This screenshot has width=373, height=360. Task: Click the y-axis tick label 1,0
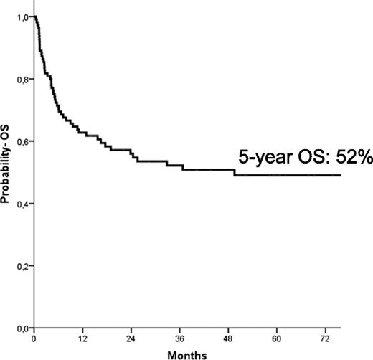[23, 16]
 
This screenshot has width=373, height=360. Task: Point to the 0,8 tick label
[23, 79]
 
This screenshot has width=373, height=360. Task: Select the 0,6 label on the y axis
[23, 141]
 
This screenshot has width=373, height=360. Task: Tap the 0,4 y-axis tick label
[23, 204]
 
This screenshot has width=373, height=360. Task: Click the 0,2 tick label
[23, 266]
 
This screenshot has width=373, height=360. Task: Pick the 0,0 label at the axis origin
[23, 328]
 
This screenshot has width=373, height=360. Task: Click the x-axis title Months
[187, 354]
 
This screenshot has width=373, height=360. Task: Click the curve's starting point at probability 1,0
[34, 16]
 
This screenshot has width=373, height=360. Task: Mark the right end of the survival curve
[340, 175]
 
